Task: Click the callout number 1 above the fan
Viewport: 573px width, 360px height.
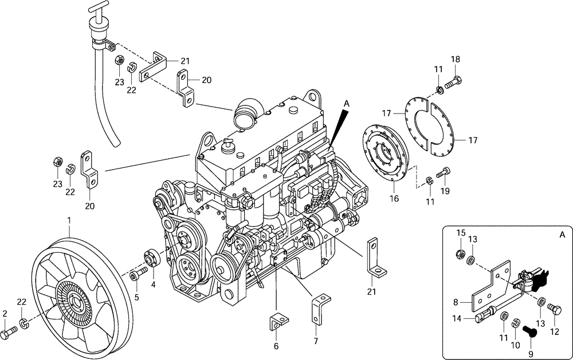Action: click(69, 220)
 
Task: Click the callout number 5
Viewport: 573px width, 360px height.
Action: click(136, 297)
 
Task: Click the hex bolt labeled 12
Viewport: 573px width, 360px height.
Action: click(555, 308)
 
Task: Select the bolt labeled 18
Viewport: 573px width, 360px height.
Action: click(454, 83)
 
